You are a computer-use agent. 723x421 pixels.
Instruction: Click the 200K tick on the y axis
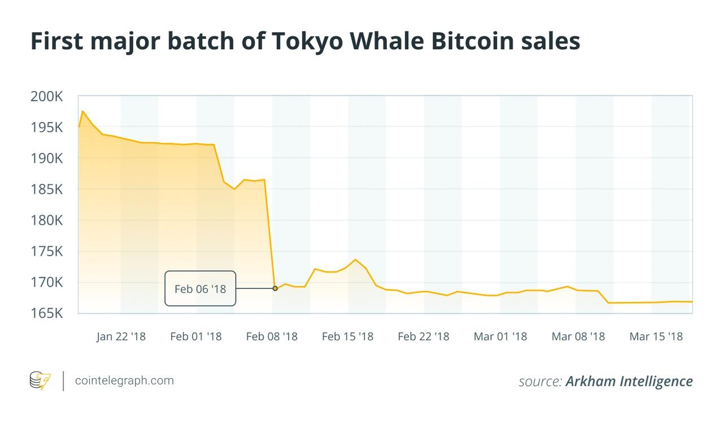click(x=46, y=97)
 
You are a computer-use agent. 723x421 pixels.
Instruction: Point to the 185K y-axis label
click(x=46, y=189)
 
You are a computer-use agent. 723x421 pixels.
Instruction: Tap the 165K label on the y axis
click(x=46, y=313)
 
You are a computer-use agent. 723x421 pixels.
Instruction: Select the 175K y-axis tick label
click(x=46, y=251)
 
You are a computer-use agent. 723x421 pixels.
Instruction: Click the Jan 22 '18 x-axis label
click(x=120, y=337)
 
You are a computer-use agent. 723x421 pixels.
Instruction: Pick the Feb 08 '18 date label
click(x=272, y=337)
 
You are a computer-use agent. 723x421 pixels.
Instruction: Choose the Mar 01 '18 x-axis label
click(x=500, y=337)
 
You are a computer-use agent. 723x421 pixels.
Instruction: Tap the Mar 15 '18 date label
click(x=656, y=337)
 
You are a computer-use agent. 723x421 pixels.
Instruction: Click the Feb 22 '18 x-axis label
click(x=424, y=337)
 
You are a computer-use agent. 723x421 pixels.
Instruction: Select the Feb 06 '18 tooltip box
click(x=200, y=289)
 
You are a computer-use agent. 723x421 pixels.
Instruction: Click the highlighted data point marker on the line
click(x=275, y=288)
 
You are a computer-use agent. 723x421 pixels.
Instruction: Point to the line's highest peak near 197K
click(x=82, y=111)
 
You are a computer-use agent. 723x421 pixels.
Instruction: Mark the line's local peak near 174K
click(x=355, y=260)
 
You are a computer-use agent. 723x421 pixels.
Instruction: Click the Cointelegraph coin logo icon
click(x=40, y=380)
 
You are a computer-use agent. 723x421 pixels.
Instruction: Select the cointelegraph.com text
click(x=125, y=380)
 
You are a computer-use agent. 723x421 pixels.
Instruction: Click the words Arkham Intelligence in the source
click(x=629, y=381)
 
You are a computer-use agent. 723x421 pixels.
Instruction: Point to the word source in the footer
click(x=540, y=381)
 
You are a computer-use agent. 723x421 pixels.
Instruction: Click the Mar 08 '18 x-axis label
click(x=578, y=337)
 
